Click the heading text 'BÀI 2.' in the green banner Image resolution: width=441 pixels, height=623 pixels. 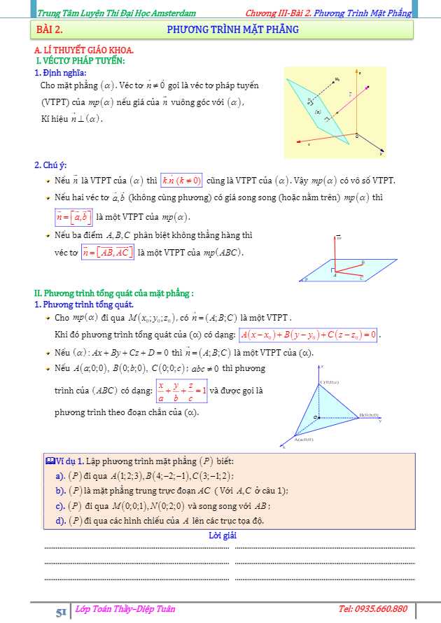pos(50,29)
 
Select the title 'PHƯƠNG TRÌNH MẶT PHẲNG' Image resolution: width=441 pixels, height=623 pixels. pos(233,29)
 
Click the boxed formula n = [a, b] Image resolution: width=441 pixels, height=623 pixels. pos(74,216)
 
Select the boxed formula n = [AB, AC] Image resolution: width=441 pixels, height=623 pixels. pos(107,252)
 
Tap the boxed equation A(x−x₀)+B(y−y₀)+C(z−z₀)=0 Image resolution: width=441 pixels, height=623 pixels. pos(309,334)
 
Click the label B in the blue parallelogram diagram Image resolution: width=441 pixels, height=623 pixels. pos(362,262)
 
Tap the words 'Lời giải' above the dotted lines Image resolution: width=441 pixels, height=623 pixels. pos(223,535)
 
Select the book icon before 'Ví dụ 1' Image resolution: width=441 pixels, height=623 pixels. pos(49,461)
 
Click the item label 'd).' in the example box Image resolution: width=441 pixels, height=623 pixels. pos(59,520)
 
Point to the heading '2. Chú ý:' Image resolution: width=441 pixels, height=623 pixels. pos(50,165)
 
